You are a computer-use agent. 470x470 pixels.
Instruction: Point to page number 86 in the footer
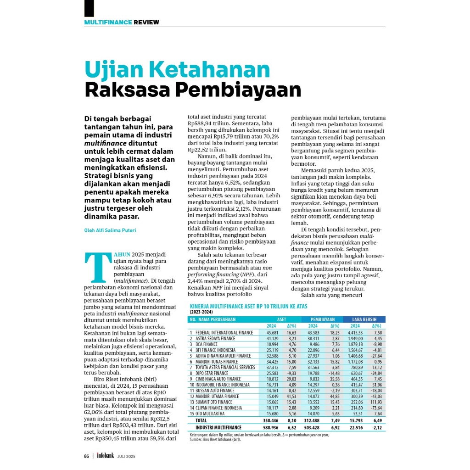(x=86, y=456)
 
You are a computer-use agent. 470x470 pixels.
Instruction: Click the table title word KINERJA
(x=201, y=306)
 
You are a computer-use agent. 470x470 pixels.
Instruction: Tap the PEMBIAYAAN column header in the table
(x=322, y=319)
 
